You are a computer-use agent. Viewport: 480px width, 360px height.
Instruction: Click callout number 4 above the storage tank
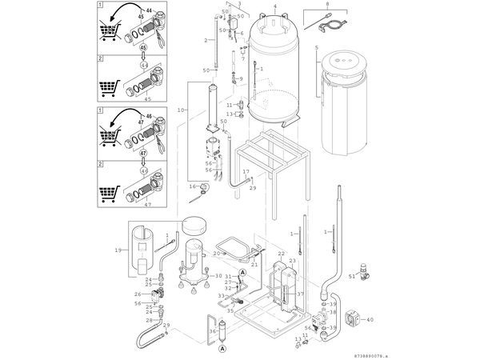coord(275,6)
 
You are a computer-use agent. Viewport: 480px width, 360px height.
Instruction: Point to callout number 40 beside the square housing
coord(370,319)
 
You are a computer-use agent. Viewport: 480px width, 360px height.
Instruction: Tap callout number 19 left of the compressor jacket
coord(118,250)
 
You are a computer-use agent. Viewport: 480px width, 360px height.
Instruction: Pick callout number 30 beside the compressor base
coord(218,275)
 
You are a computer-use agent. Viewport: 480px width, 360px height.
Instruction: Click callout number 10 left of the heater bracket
coord(182,108)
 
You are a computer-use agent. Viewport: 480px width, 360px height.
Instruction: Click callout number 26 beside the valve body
coord(138,294)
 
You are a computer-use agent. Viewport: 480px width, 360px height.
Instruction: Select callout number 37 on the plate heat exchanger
coord(300,294)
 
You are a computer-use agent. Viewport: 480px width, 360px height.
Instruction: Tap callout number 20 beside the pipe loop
coord(216,253)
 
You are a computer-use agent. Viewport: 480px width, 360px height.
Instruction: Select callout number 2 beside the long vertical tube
coord(206,40)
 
